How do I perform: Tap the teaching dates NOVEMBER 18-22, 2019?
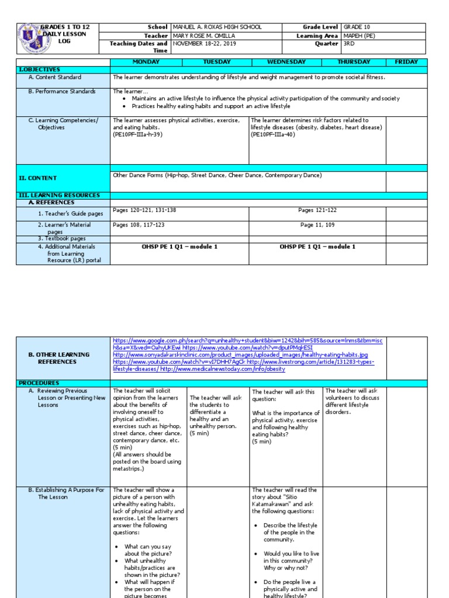coord(205,43)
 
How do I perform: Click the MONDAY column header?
coord(146,62)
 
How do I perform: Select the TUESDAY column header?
coord(216,62)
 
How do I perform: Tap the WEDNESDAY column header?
coord(286,62)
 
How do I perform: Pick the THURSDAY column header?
coord(354,62)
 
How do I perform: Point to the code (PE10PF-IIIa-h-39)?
coord(137,134)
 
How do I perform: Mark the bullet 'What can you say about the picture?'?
coord(148,550)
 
